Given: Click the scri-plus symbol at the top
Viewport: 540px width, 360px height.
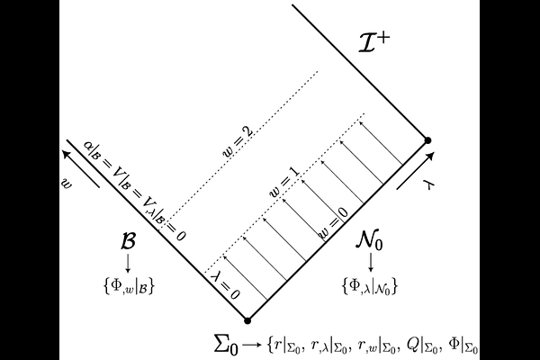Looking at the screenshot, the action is click(x=374, y=42).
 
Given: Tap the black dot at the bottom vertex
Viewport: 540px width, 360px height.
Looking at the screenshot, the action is click(x=247, y=320).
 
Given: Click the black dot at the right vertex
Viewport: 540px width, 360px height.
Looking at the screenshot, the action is click(x=427, y=140).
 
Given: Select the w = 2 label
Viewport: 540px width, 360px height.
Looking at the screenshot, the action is click(x=238, y=142).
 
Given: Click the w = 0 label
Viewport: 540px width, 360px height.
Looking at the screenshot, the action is click(x=333, y=223).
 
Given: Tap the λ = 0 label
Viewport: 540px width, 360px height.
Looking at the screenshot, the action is click(x=225, y=284).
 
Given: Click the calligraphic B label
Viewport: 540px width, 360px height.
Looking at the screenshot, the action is click(x=128, y=241).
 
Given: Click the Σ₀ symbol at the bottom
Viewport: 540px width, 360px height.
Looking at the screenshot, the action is click(x=226, y=344).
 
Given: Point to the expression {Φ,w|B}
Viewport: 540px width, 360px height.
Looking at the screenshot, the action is click(x=128, y=286).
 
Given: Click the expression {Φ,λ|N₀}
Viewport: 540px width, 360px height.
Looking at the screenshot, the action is click(x=370, y=286).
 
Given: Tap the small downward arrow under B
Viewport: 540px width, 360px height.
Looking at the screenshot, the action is click(x=128, y=263).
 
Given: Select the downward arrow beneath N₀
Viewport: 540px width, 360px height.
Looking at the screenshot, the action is click(x=371, y=262).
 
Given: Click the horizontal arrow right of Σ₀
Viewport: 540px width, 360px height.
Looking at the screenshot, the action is click(x=252, y=345).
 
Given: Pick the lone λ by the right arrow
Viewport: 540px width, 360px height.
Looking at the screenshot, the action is click(x=429, y=185).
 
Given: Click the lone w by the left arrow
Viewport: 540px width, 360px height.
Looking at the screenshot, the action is click(x=67, y=183).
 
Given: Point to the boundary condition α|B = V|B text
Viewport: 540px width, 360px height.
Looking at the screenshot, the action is click(x=111, y=169).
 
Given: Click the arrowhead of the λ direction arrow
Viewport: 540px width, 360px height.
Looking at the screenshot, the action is click(x=430, y=156).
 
